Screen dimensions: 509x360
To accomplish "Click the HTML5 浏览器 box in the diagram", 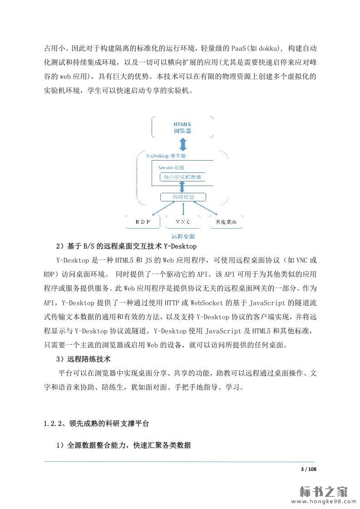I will [x=182, y=127].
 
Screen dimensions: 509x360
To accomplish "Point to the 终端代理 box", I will [x=182, y=197].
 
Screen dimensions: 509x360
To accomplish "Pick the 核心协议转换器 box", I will [x=182, y=177].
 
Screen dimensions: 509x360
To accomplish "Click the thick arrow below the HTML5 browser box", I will [x=182, y=145].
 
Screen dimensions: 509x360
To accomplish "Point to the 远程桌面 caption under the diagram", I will [x=183, y=236].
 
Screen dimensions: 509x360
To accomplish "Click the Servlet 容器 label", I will [x=168, y=167].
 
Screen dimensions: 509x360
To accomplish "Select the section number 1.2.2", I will [x=53, y=424].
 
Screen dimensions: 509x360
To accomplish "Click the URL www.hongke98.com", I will [x=321, y=502].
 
